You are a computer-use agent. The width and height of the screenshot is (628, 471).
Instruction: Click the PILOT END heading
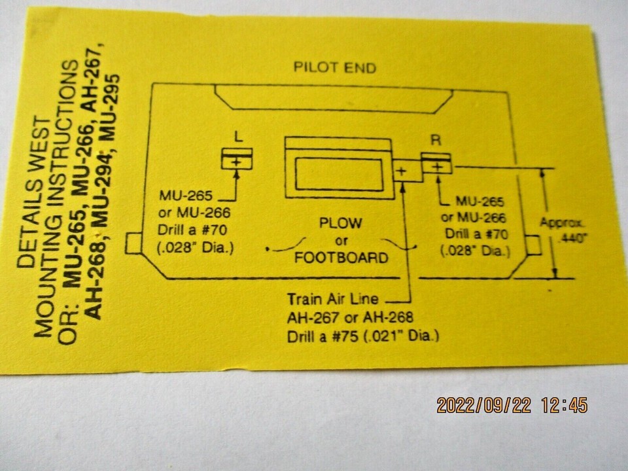coord(335,67)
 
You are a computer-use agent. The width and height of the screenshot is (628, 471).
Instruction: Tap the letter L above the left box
coord(238,137)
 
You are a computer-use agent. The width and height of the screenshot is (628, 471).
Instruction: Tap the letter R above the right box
coord(436,140)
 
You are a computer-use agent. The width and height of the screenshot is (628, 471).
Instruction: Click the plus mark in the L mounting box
coord(237,162)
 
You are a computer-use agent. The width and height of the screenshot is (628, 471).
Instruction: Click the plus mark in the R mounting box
coord(438,167)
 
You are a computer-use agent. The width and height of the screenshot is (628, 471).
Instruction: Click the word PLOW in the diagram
coord(340,222)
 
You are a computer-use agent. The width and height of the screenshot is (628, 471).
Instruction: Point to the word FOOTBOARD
coord(341,258)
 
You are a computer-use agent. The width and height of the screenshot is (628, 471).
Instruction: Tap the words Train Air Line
coord(333,299)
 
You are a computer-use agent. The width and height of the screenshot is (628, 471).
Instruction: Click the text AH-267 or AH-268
coord(350,318)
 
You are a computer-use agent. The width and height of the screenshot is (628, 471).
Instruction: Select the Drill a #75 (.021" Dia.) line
coord(363,336)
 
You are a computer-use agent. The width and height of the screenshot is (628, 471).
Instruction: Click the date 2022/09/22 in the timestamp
coord(484,406)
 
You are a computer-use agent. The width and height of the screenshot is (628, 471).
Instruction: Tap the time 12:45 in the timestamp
coord(565,406)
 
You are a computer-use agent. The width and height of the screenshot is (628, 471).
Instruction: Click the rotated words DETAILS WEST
coord(33,192)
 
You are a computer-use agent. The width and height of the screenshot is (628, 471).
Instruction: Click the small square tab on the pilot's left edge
coord(133,243)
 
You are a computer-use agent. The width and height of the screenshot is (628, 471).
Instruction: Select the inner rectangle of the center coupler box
coord(339,174)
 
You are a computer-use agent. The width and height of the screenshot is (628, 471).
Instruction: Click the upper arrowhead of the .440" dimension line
coord(544,173)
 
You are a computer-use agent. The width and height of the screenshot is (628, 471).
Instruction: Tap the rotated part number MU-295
coord(110,108)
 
